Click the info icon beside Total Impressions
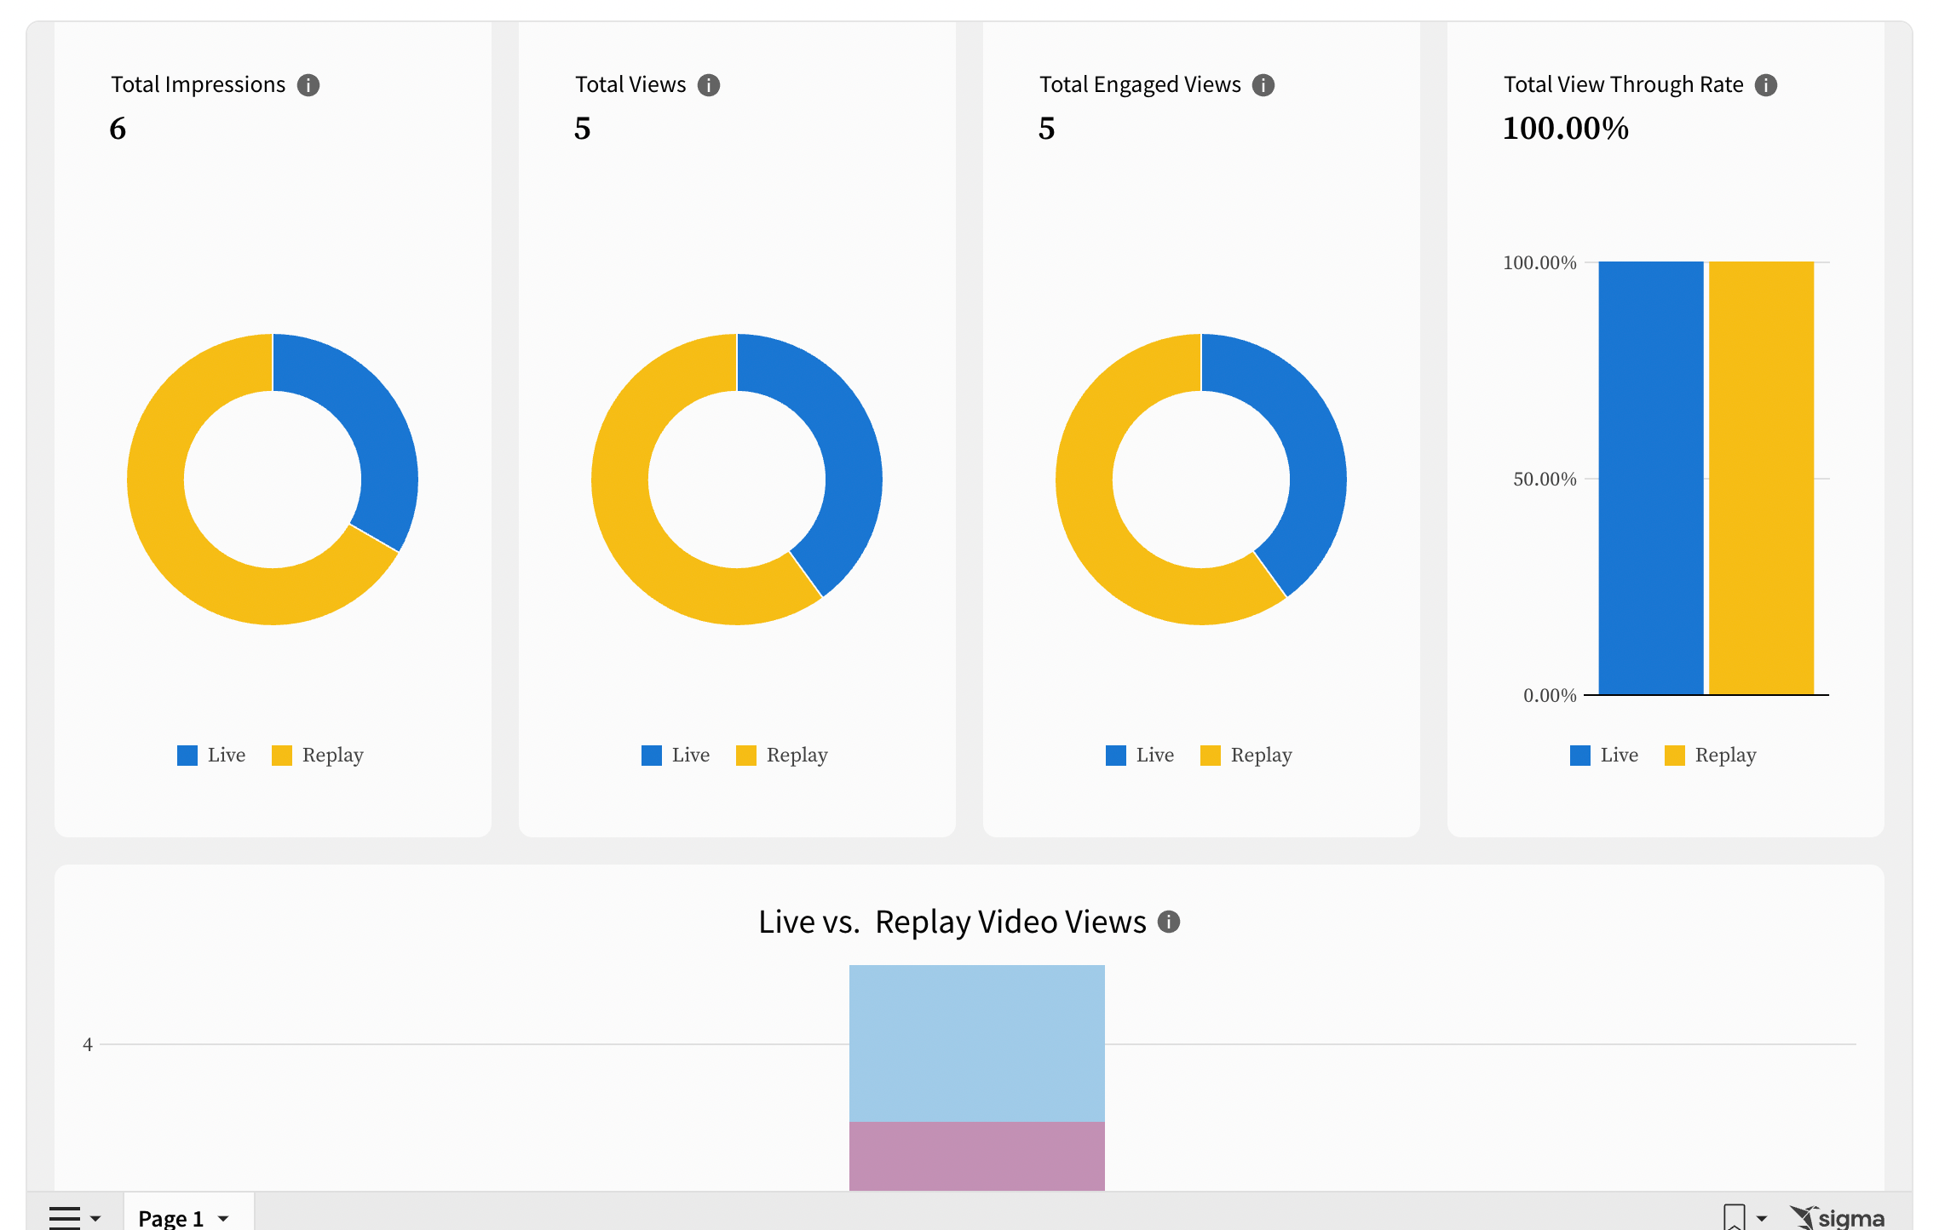pos(308,85)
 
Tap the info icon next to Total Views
pos(709,85)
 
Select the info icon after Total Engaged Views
pos(1263,85)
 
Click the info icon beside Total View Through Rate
pos(1766,85)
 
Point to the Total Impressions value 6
pos(118,129)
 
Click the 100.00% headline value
pos(1565,129)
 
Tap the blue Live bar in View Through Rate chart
pos(1650,477)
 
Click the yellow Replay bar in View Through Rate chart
pos(1761,477)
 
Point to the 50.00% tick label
pos(1544,480)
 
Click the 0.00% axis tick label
pos(1549,696)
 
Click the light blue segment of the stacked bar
pos(976,1043)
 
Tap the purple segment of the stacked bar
pos(976,1156)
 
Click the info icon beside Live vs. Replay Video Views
pos(1169,922)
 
